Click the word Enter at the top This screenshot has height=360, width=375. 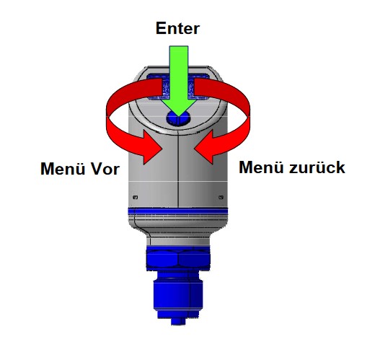click(x=177, y=28)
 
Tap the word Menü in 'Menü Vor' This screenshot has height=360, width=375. click(x=63, y=168)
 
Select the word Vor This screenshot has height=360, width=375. click(x=105, y=169)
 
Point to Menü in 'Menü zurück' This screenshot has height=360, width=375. click(x=261, y=167)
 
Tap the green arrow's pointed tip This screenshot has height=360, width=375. click(x=179, y=116)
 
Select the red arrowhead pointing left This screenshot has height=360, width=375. click(x=204, y=147)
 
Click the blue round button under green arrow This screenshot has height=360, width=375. click(x=178, y=118)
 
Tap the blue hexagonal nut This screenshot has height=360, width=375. click(x=178, y=260)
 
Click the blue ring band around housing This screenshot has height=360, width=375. click(x=178, y=211)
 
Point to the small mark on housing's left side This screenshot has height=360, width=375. click(x=136, y=198)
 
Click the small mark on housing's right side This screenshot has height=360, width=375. click(x=221, y=198)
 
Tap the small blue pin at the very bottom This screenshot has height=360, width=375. click(x=178, y=321)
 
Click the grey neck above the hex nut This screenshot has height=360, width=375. click(x=178, y=240)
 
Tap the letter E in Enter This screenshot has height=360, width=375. click(x=161, y=28)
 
